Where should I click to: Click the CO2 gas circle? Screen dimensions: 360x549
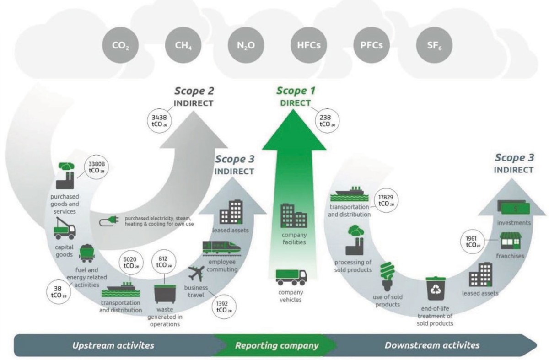tap(117, 46)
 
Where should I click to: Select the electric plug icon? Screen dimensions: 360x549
tap(110, 221)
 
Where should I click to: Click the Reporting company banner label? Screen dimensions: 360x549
tap(276, 345)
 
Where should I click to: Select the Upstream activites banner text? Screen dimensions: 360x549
tap(113, 345)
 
